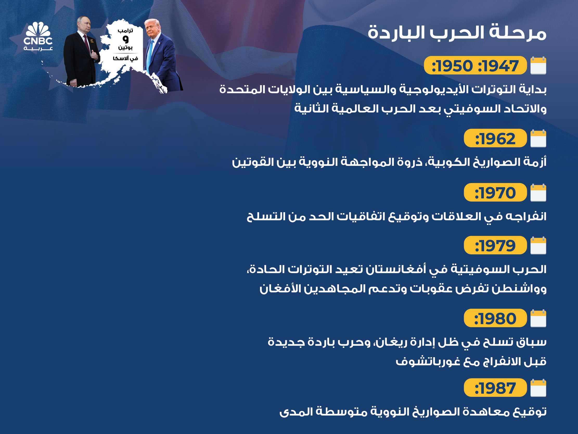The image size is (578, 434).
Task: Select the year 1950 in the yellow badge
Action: click(x=452, y=66)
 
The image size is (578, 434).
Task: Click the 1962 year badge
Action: click(x=495, y=138)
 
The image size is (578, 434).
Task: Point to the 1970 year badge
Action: click(x=495, y=192)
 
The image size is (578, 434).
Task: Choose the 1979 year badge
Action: click(x=495, y=245)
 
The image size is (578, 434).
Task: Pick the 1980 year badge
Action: click(x=495, y=318)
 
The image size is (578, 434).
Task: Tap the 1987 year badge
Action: click(x=495, y=387)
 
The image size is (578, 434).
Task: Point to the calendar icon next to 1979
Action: click(x=538, y=246)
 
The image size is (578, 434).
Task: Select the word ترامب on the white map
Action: click(x=126, y=31)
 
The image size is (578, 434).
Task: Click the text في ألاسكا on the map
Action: click(x=125, y=58)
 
